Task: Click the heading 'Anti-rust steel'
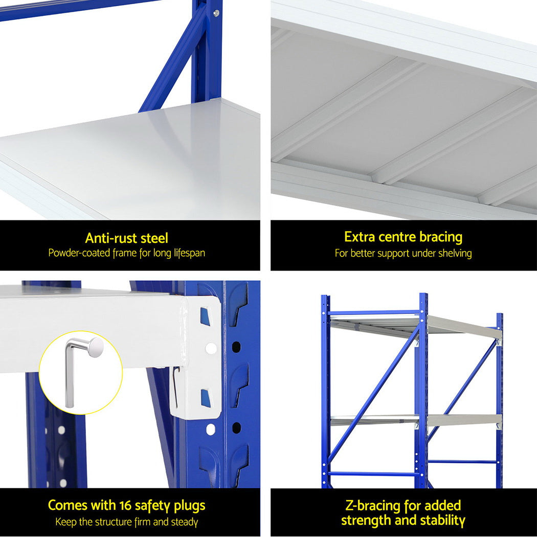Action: [x=126, y=238]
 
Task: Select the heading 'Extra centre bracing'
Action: [x=403, y=237]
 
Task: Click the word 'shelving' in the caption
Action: [x=455, y=254]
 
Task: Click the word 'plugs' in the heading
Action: [x=188, y=506]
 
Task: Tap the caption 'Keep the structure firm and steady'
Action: [x=126, y=522]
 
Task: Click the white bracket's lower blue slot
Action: [x=205, y=397]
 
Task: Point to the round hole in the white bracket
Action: [x=211, y=348]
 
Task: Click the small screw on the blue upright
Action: [x=217, y=13]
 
